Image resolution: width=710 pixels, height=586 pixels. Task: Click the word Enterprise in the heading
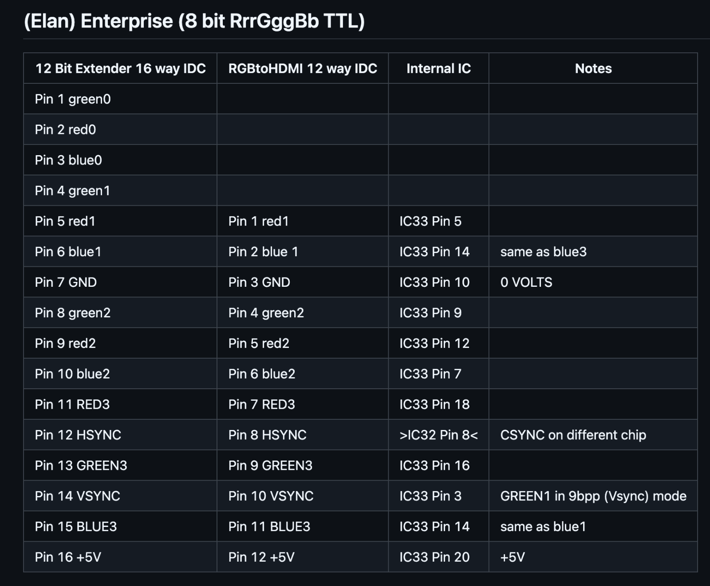click(x=126, y=21)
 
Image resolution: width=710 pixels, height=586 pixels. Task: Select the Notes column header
click(x=593, y=68)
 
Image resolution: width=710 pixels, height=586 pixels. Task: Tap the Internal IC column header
click(x=438, y=68)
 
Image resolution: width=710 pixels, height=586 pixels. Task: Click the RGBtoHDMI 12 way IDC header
click(x=303, y=68)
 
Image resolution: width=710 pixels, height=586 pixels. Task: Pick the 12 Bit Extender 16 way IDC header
click(x=120, y=68)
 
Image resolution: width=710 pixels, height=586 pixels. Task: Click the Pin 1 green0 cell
click(x=73, y=99)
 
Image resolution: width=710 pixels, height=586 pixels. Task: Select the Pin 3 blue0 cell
click(x=68, y=160)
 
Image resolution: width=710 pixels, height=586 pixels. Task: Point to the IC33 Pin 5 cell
click(x=430, y=221)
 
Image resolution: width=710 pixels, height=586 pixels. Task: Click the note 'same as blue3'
click(x=544, y=252)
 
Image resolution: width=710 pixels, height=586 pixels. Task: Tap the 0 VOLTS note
click(x=526, y=282)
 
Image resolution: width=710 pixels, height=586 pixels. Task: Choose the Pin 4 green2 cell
click(x=266, y=313)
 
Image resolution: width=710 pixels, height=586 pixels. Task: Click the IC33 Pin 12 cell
click(x=434, y=344)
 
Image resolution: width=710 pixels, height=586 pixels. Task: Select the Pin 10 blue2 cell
click(x=72, y=374)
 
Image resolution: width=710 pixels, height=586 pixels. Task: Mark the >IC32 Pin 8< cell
click(x=438, y=435)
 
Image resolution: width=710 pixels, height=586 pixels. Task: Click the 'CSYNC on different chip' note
click(x=573, y=435)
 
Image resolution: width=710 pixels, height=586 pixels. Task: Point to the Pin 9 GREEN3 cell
click(x=270, y=465)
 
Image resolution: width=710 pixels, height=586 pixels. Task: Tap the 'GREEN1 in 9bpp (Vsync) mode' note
click(x=593, y=496)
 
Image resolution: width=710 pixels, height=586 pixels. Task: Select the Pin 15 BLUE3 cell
click(x=76, y=527)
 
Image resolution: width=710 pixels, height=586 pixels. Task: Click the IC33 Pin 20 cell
click(x=434, y=557)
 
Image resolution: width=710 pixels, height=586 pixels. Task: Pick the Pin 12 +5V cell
click(x=261, y=557)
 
